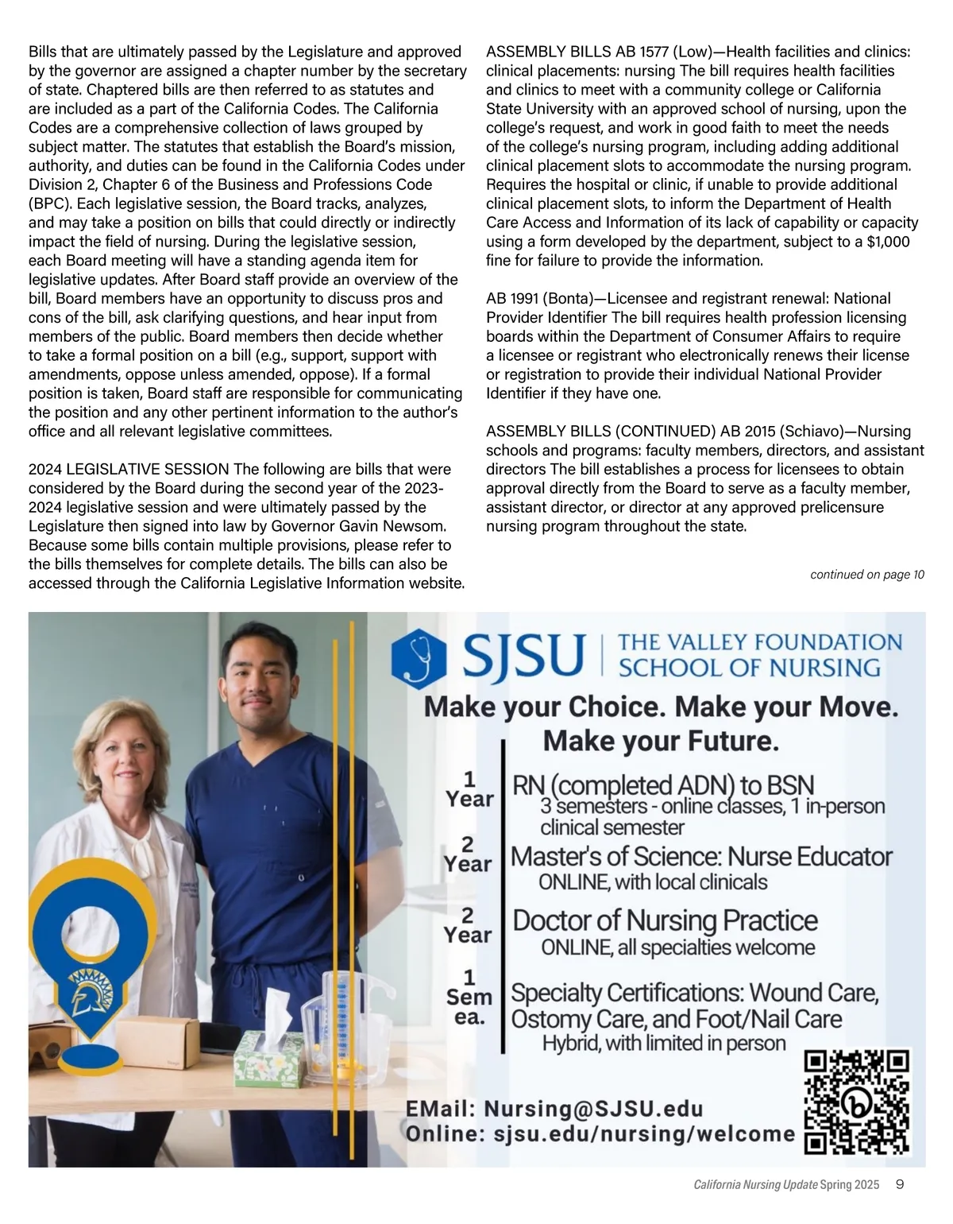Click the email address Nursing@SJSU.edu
(x=593, y=1108)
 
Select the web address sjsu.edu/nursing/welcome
(x=643, y=1134)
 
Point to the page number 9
(x=900, y=1185)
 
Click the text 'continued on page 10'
(x=866, y=575)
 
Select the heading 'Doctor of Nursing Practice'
(x=665, y=920)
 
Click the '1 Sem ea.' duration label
(x=469, y=997)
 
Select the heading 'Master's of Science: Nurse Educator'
(x=701, y=857)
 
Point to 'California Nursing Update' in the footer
(x=755, y=1185)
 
